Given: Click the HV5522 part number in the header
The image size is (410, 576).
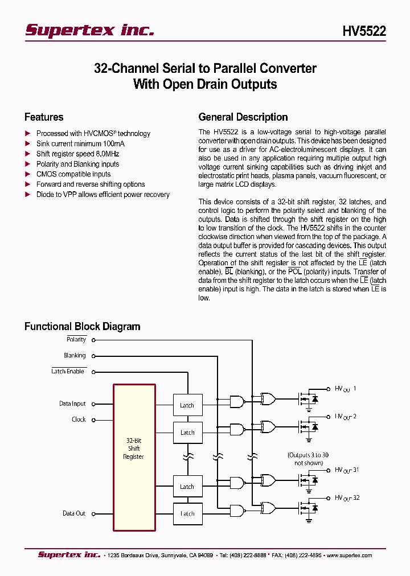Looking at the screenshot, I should coord(364,32).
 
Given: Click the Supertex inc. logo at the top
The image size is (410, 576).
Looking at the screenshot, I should coord(89,31).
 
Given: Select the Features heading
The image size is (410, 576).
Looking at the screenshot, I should coord(44,117).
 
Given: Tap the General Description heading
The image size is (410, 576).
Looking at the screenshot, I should coord(243,117).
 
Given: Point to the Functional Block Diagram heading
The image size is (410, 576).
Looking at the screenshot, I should coord(82,327).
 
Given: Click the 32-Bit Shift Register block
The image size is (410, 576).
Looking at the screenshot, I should coord(134,449).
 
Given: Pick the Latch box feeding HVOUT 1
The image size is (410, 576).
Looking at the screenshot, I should coord(187,405).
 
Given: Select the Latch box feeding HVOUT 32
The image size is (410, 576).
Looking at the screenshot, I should coord(187,513).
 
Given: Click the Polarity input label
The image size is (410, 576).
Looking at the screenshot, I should coord(76,340).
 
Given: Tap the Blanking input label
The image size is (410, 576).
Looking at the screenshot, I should coord(75,356).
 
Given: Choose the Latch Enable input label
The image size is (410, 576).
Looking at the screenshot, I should coord(68,372).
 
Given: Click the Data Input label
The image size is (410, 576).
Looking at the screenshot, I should coord(72,404).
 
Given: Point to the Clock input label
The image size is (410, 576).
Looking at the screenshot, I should coord(79,420).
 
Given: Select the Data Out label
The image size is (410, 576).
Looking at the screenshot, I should coord(74,513).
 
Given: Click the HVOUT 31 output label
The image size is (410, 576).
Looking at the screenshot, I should coord(347,470).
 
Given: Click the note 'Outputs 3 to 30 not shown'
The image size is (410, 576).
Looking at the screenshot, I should coord(307,459).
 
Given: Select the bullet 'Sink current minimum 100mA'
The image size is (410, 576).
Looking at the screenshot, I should coord(80,144).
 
